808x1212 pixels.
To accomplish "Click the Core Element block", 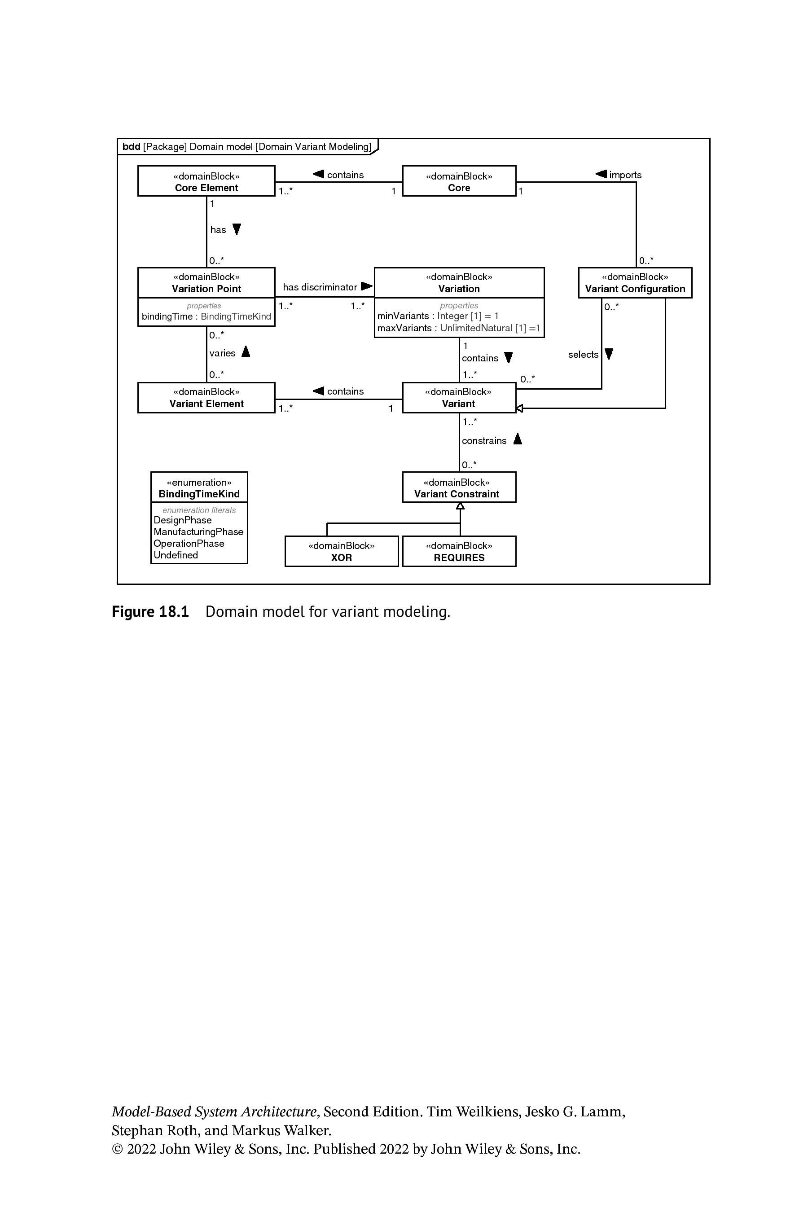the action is point(206,181).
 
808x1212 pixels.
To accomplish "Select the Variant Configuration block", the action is point(635,282).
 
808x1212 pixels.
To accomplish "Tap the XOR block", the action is point(342,551).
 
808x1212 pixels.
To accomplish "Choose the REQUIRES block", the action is point(459,551).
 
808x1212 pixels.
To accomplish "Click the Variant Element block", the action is point(206,397).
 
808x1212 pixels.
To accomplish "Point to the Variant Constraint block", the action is point(459,487).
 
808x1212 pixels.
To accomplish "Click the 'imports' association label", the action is point(625,175).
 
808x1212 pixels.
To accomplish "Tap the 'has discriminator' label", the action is point(320,287).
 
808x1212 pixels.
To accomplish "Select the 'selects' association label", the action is point(583,355).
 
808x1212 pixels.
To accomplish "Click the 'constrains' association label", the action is point(484,441).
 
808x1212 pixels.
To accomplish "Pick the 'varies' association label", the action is point(222,353).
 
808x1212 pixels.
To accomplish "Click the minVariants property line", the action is point(438,316).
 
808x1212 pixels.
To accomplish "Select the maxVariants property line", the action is point(459,328).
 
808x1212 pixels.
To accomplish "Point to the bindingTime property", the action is point(206,316).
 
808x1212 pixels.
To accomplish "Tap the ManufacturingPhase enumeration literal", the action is point(198,532).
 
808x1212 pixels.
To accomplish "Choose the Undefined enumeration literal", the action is point(176,555).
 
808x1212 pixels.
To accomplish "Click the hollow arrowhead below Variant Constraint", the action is point(460,506).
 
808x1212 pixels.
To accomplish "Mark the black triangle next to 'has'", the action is point(237,229).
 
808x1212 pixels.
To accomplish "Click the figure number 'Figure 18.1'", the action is point(150,612).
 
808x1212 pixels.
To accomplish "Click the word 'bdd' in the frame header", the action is point(132,146).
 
